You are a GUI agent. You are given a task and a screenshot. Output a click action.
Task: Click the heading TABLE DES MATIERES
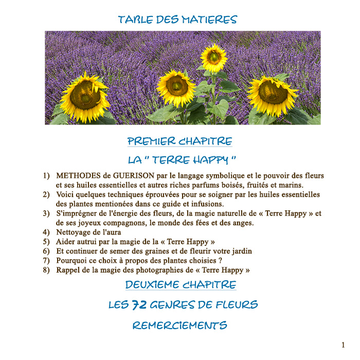[177, 20]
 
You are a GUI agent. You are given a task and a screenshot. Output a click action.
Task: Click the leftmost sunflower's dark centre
[84, 96]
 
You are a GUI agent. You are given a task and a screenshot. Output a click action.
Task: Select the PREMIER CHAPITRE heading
[179, 141]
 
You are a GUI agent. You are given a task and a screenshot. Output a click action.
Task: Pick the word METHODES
[76, 176]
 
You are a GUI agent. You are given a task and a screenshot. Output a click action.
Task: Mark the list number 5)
[46, 241]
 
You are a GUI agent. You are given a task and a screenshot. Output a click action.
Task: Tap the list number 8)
[46, 269]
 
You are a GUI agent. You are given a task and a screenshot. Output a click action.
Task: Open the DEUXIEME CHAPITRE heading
[181, 284]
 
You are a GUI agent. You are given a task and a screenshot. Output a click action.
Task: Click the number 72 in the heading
[139, 305]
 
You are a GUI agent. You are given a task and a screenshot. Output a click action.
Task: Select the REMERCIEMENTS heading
[179, 326]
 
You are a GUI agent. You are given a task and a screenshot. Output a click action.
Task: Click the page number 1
[343, 345]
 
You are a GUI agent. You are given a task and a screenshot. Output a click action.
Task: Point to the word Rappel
[69, 269]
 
